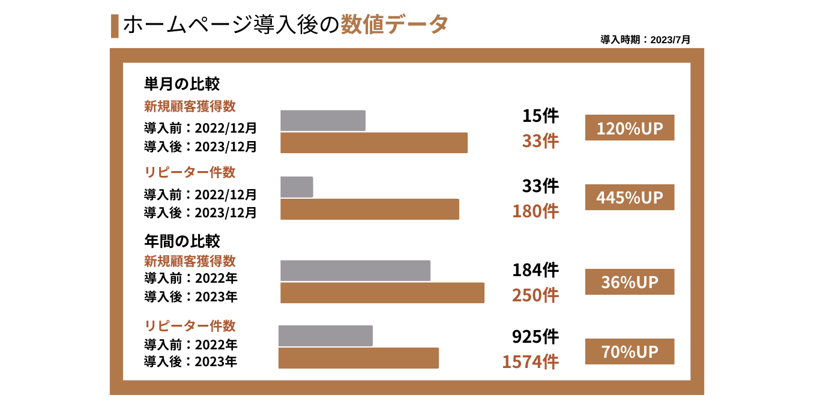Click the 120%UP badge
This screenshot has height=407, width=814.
pos(629,128)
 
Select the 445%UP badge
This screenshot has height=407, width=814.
pos(629,197)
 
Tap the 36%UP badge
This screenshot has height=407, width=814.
pos(629,282)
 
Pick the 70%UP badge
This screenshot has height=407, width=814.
pos(629,351)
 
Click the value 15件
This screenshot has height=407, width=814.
pos(540,116)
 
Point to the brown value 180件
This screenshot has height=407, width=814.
pos(535,211)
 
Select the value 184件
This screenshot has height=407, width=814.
pos(535,270)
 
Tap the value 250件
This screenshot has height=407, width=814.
pos(535,295)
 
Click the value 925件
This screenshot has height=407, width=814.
pos(535,337)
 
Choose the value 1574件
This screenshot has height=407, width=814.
pos(530,361)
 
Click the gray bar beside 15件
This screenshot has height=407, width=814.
pos(323,121)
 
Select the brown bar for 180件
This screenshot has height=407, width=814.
pos(370,209)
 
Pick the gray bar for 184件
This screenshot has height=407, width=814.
pos(355,271)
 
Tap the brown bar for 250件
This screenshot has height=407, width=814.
pos(382,293)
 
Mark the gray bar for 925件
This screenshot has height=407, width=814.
pos(325,336)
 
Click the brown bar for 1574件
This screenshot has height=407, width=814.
pos(358,358)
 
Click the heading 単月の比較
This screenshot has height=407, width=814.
pos(181,83)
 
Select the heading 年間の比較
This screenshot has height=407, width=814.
pos(182,241)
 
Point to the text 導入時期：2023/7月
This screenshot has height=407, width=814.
pos(645,40)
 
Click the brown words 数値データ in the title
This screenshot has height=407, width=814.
pos(394,25)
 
